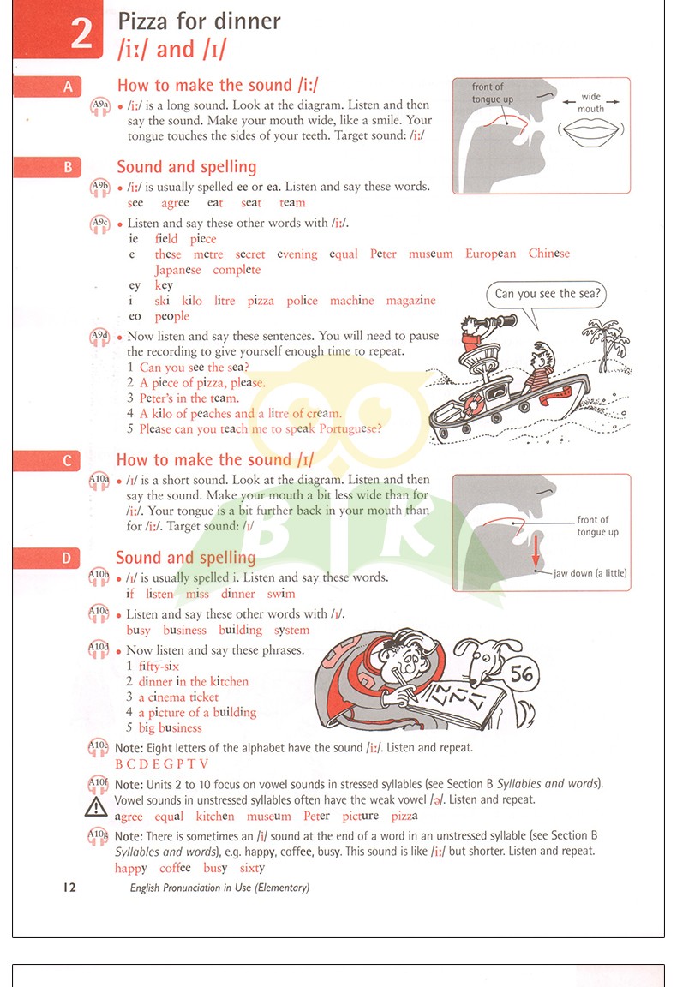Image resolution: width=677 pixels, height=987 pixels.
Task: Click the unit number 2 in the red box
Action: tap(82, 33)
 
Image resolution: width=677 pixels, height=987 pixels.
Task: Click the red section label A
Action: tap(68, 87)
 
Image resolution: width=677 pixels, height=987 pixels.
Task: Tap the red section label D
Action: tap(67, 559)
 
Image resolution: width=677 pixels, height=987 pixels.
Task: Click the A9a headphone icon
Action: tap(100, 105)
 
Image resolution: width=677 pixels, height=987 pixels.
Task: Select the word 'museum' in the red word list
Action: tap(431, 254)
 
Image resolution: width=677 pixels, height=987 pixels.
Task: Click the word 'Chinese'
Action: tap(549, 253)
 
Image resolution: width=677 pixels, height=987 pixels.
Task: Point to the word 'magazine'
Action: tap(410, 301)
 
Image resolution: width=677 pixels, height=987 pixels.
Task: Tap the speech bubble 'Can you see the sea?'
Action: tap(547, 294)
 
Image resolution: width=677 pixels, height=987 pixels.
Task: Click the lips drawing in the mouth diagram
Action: tap(590, 131)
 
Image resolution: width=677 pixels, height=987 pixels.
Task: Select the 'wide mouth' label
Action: tap(590, 103)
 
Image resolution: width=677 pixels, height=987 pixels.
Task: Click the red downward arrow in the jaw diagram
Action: tap(536, 551)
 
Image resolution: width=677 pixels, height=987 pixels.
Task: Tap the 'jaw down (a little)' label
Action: tap(590, 573)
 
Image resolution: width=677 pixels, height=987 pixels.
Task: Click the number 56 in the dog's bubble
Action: tap(521, 674)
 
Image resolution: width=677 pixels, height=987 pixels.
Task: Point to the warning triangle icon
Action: tap(96, 806)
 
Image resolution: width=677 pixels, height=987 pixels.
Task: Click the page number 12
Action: tap(69, 888)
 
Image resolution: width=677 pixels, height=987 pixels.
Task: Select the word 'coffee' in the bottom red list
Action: tap(175, 868)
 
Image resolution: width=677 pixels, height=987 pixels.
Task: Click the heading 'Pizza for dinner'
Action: tap(199, 21)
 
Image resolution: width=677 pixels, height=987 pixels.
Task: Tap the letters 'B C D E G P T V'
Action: tap(161, 764)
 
